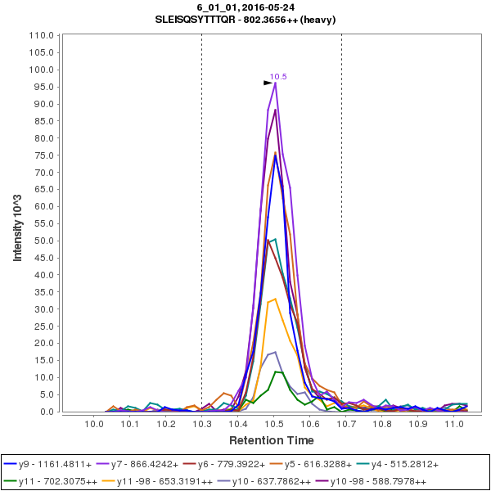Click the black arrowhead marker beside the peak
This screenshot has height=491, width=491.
[x=268, y=83]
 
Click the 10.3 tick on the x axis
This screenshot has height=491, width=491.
[x=201, y=415]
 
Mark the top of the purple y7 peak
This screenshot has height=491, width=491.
[x=275, y=83]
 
